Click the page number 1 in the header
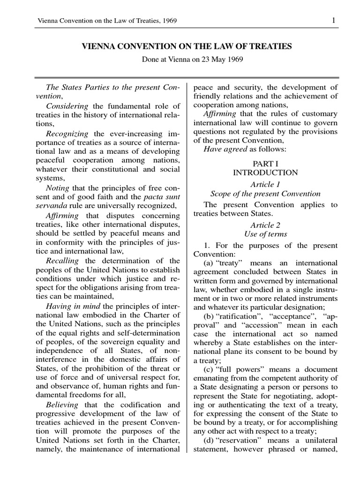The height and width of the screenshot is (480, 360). [x=333, y=20]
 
